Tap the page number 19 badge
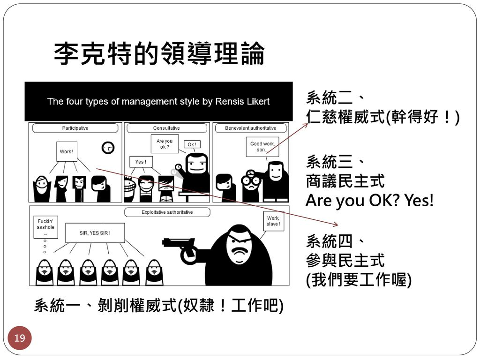pyautogui.click(x=20, y=337)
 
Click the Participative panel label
pyautogui.click(x=75, y=128)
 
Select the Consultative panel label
pyautogui.click(x=166, y=128)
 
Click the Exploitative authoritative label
pyautogui.click(x=167, y=212)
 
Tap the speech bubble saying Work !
pyautogui.click(x=66, y=151)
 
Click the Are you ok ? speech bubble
pyautogui.click(x=164, y=144)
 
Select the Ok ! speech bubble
pyautogui.click(x=192, y=144)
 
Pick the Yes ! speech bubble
pyautogui.click(x=141, y=162)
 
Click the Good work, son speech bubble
pyautogui.click(x=262, y=147)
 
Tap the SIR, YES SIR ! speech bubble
pyautogui.click(x=95, y=232)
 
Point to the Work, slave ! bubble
pyautogui.click(x=273, y=221)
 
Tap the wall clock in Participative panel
pyautogui.click(x=108, y=148)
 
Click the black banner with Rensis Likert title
pyautogui.click(x=158, y=101)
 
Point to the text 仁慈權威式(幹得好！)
pyautogui.click(x=382, y=116)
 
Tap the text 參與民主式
pyautogui.click(x=345, y=260)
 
